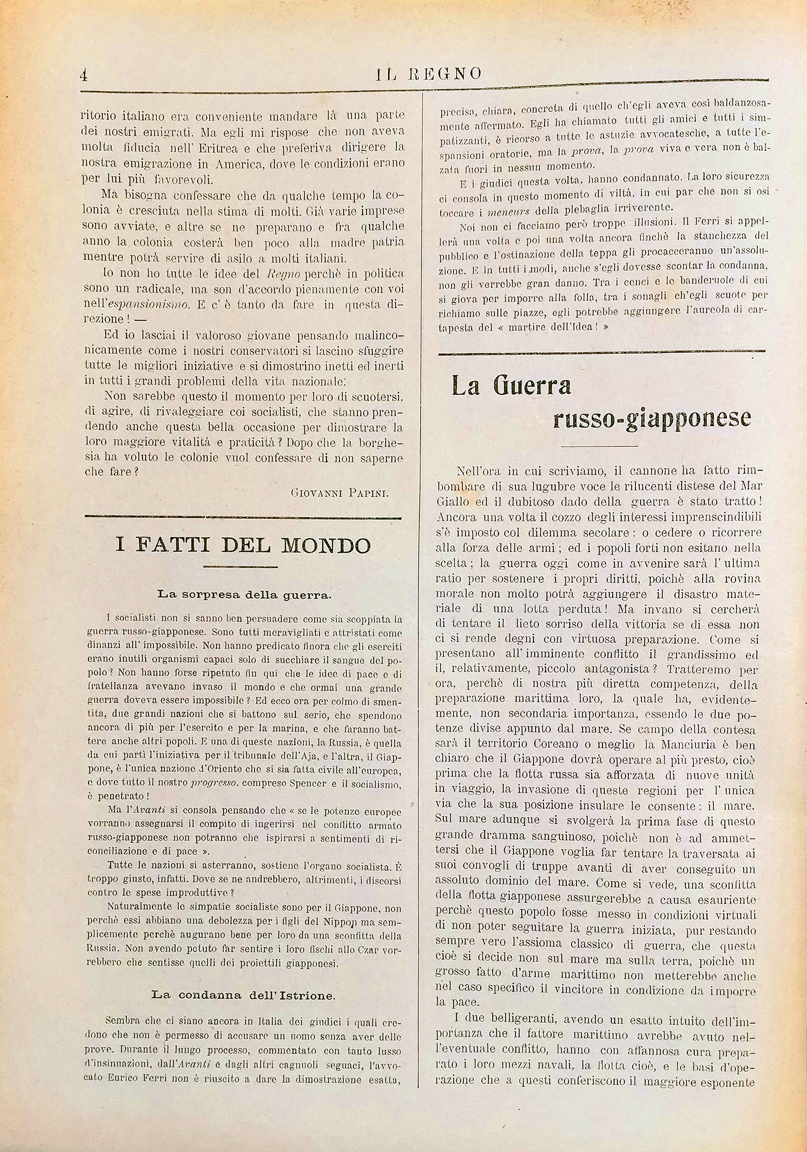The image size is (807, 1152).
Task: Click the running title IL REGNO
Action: pos(429,74)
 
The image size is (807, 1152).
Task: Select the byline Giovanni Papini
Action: pos(339,493)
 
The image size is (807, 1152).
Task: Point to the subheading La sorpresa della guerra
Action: pos(244,595)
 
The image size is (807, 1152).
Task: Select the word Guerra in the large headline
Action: pos(532,386)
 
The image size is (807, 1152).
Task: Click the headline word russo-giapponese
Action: pos(652,418)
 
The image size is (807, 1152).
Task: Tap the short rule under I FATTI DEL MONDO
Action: pos(241,567)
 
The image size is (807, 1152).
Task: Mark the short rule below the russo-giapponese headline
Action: pos(599,445)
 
